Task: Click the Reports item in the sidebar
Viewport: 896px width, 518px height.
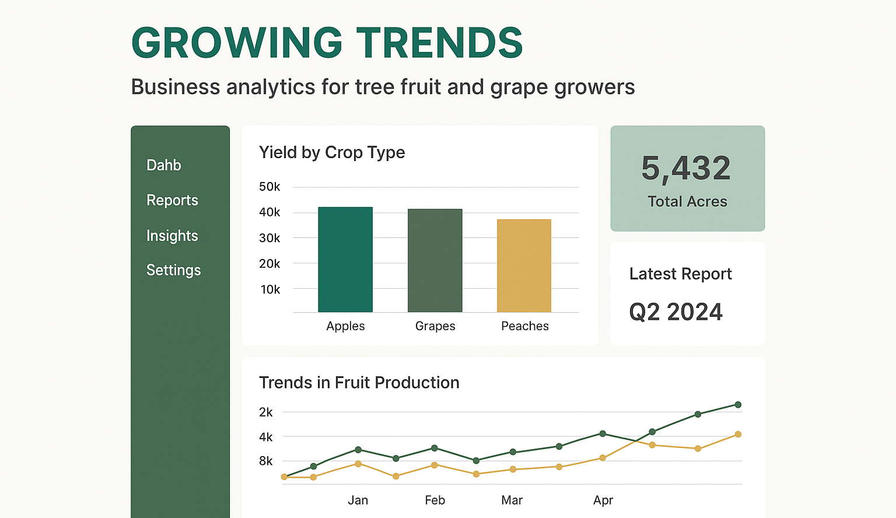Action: click(x=172, y=200)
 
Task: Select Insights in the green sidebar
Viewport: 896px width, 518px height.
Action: click(x=172, y=236)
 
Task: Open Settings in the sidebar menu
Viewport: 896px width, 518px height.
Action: click(x=174, y=271)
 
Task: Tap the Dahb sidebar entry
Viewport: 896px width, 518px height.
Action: click(x=163, y=165)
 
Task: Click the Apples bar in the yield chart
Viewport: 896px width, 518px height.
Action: click(x=345, y=259)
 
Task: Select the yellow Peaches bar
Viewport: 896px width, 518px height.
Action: click(x=524, y=265)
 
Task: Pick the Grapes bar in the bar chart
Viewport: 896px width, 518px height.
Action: click(x=435, y=260)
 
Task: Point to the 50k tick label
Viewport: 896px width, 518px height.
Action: click(x=269, y=187)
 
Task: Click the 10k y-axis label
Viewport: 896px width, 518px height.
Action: click(x=271, y=289)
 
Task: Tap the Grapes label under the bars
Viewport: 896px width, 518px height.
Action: click(x=435, y=326)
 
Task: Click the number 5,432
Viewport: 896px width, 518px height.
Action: click(x=686, y=169)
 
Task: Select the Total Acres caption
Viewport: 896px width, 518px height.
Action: click(x=687, y=202)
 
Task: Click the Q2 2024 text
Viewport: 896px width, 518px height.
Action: click(x=675, y=312)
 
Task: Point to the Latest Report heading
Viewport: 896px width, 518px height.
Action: click(x=680, y=274)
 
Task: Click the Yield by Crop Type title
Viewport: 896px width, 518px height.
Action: click(x=332, y=153)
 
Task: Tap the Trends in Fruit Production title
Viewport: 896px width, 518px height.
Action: click(x=359, y=383)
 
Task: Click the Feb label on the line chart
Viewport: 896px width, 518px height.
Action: click(x=435, y=501)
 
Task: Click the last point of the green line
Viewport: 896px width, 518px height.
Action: click(x=738, y=405)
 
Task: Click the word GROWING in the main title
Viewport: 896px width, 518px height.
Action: click(x=237, y=43)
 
